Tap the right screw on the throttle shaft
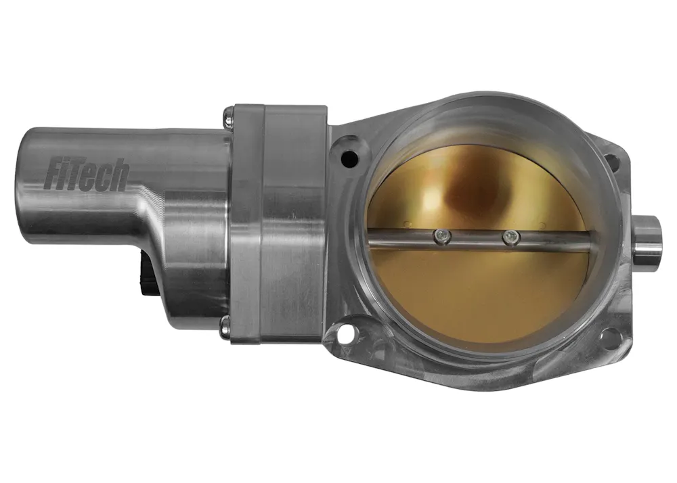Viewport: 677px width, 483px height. [511, 237]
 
